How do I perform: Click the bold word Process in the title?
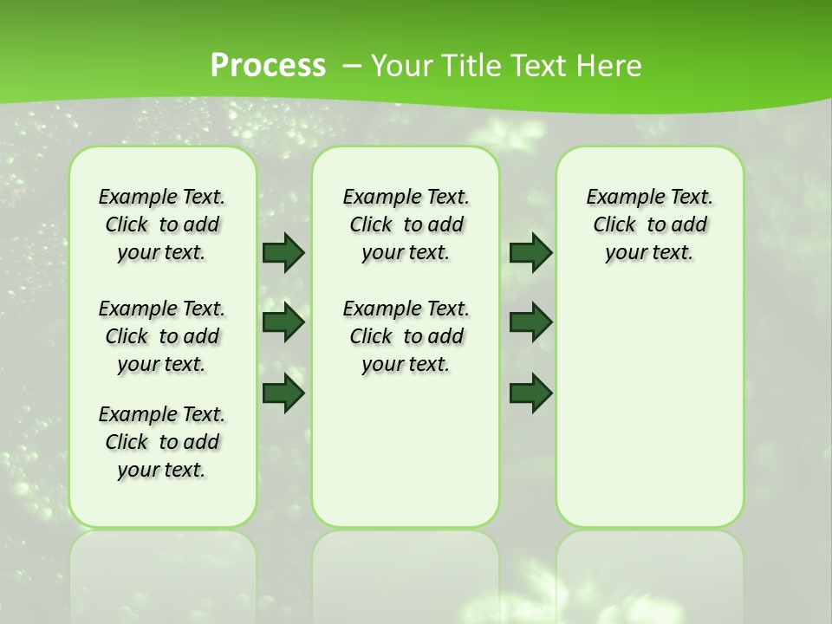coord(268,66)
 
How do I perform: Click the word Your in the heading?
coord(403,66)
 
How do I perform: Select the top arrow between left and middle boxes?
coord(283,252)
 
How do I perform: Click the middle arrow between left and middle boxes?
coord(283,322)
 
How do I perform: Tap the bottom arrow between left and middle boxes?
coord(283,393)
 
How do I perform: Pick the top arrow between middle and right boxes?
coord(530,252)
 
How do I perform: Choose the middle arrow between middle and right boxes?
coord(530,322)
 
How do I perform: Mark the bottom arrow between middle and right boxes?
coord(530,393)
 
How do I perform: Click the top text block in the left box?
coord(162,224)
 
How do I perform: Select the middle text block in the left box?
coord(162,336)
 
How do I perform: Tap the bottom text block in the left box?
coord(162,442)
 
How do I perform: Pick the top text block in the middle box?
coord(406,224)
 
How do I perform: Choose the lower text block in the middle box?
coord(406,336)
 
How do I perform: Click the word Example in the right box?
coord(617,198)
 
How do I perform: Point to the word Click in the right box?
coord(614,225)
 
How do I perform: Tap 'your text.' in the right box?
coord(649,253)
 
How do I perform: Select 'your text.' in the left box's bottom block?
coord(161,470)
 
